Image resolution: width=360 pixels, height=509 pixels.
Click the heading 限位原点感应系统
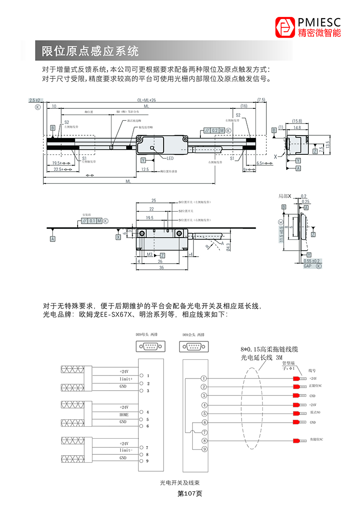[90, 51]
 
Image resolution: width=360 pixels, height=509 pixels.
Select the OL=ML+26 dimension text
[147, 100]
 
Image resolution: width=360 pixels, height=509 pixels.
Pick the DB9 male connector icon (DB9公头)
[193, 346]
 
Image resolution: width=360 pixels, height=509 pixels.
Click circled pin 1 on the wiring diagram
[204, 378]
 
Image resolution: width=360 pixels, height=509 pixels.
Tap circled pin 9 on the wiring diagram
[204, 449]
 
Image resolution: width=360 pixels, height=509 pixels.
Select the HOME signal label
[124, 415]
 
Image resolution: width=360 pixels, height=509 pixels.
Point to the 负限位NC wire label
[316, 440]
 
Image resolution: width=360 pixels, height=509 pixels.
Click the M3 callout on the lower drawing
[149, 254]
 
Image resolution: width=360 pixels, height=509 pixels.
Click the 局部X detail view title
[286, 196]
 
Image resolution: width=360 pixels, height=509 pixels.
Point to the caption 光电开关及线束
[180, 482]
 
